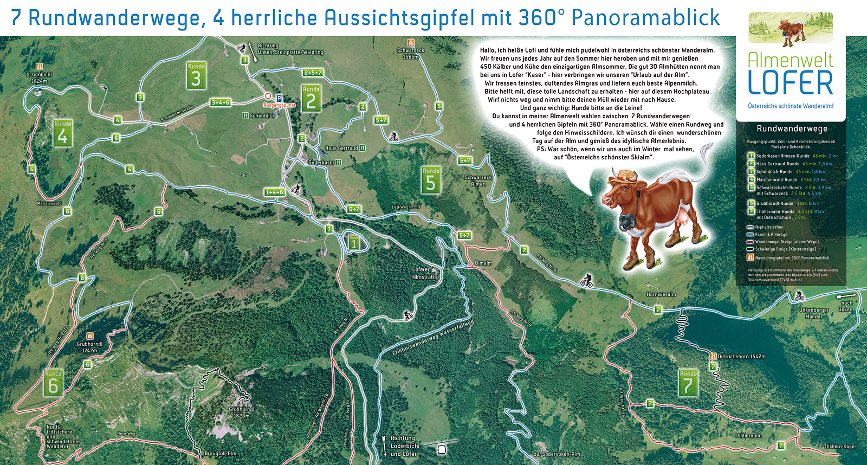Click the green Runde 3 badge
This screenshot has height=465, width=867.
click(196, 76)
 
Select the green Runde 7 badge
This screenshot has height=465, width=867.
click(688, 383)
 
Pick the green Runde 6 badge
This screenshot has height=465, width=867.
click(53, 383)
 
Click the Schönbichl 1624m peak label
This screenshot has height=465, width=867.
click(39, 78)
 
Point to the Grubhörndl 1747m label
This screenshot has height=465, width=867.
click(89, 347)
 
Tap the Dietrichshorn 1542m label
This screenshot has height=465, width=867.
click(741, 357)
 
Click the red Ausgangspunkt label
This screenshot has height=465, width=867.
click(279, 105)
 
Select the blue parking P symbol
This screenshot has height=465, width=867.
click(279, 99)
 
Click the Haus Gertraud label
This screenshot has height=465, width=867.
click(341, 148)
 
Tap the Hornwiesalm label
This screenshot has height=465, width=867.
click(661, 294)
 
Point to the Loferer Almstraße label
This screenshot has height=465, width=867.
click(424, 273)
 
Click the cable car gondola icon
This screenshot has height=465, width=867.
click(441, 449)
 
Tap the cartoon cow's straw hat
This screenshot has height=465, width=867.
click(625, 176)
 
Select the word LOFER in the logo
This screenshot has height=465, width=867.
click(790, 83)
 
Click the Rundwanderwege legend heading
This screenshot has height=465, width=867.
click(792, 128)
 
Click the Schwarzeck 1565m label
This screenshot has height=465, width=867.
click(410, 53)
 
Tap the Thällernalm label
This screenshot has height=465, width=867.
click(748, 435)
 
